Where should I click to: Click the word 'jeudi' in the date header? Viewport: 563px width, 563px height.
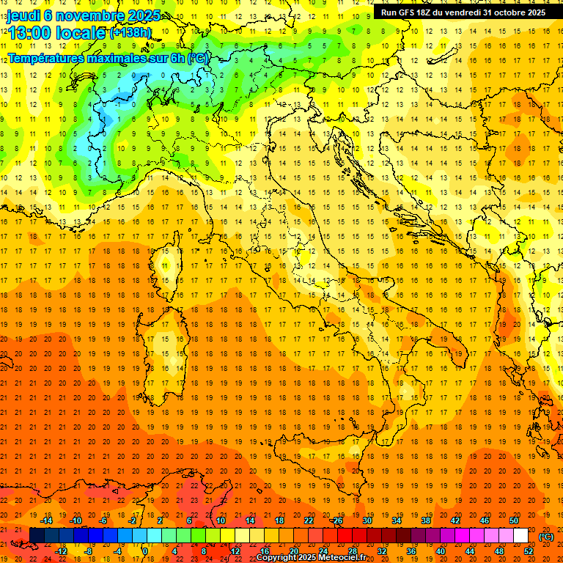click(23, 15)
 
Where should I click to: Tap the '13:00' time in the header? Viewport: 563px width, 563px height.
click(29, 32)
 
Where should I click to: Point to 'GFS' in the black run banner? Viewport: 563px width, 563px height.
click(406, 12)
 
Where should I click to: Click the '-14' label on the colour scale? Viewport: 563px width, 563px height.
click(48, 520)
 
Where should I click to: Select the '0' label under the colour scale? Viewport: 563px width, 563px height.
click(145, 551)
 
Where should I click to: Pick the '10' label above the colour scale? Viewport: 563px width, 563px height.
click(220, 520)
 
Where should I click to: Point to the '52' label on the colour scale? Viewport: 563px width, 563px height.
click(529, 551)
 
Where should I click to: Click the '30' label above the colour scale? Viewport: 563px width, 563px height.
click(367, 520)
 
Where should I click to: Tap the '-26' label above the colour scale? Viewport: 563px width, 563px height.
click(336, 520)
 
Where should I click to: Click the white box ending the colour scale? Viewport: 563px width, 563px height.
click(520, 536)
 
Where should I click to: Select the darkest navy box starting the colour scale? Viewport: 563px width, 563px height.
click(37, 536)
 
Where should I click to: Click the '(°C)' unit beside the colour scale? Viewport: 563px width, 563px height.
click(546, 536)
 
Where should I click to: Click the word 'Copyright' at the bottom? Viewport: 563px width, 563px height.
click(277, 558)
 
